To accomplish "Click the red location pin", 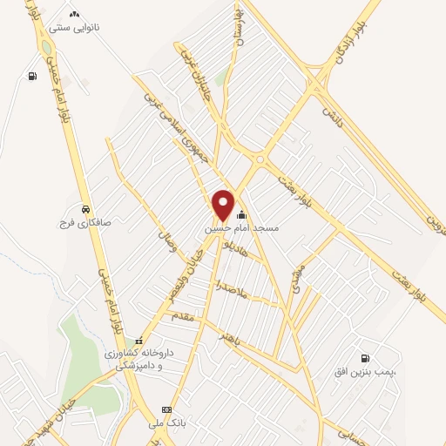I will click(224, 204).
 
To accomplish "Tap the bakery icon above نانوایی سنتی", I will click(73, 14).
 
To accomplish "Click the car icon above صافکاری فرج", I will click(84, 210).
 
